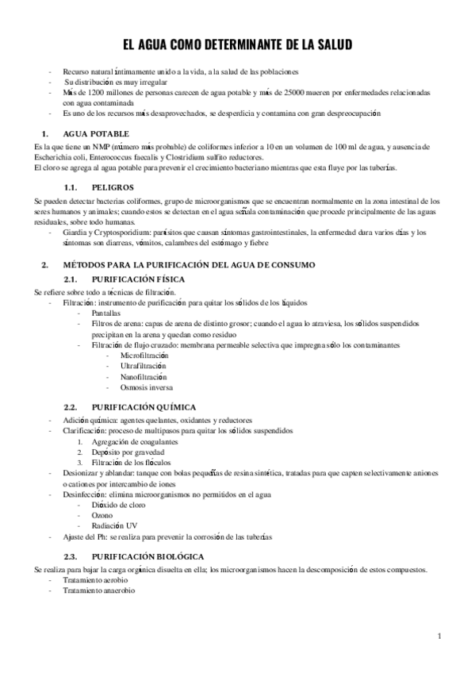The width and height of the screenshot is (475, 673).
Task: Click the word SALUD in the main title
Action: pos(328,44)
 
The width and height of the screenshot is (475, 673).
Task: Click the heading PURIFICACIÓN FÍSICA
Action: pos(139,281)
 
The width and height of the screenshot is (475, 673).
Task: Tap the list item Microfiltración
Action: pos(144,356)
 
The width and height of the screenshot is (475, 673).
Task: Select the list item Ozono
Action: pos(102,514)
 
